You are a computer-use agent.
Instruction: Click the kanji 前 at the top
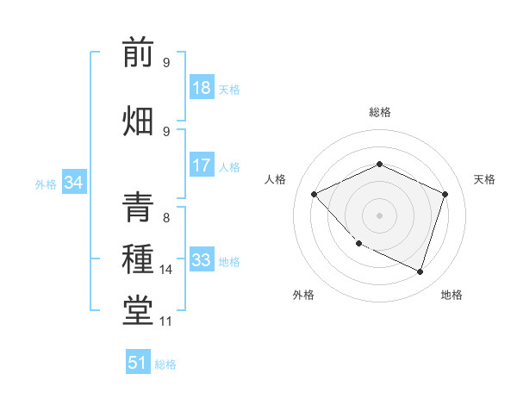pyautogui.click(x=138, y=53)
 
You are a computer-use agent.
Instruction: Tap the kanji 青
pyautogui.click(x=138, y=209)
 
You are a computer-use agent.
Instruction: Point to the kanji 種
pyautogui.click(x=138, y=259)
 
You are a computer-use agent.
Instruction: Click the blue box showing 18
pyautogui.click(x=202, y=88)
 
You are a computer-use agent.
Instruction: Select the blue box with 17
pyautogui.click(x=202, y=165)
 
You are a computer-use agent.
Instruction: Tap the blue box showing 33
pyautogui.click(x=202, y=260)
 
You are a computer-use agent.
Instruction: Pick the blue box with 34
pyautogui.click(x=73, y=183)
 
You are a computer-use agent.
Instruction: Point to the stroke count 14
pyautogui.click(x=166, y=270)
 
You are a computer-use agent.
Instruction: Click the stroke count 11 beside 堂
pyautogui.click(x=166, y=321)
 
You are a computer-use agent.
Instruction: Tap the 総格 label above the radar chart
pyautogui.click(x=380, y=112)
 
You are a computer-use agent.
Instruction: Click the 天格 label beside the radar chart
pyautogui.click(x=484, y=179)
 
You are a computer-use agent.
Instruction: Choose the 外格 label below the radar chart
pyautogui.click(x=303, y=295)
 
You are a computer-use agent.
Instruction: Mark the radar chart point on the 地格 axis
pyautogui.click(x=420, y=272)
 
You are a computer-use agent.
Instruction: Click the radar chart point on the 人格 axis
pyautogui.click(x=315, y=195)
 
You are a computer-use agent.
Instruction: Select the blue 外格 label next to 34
pyautogui.click(x=46, y=184)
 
